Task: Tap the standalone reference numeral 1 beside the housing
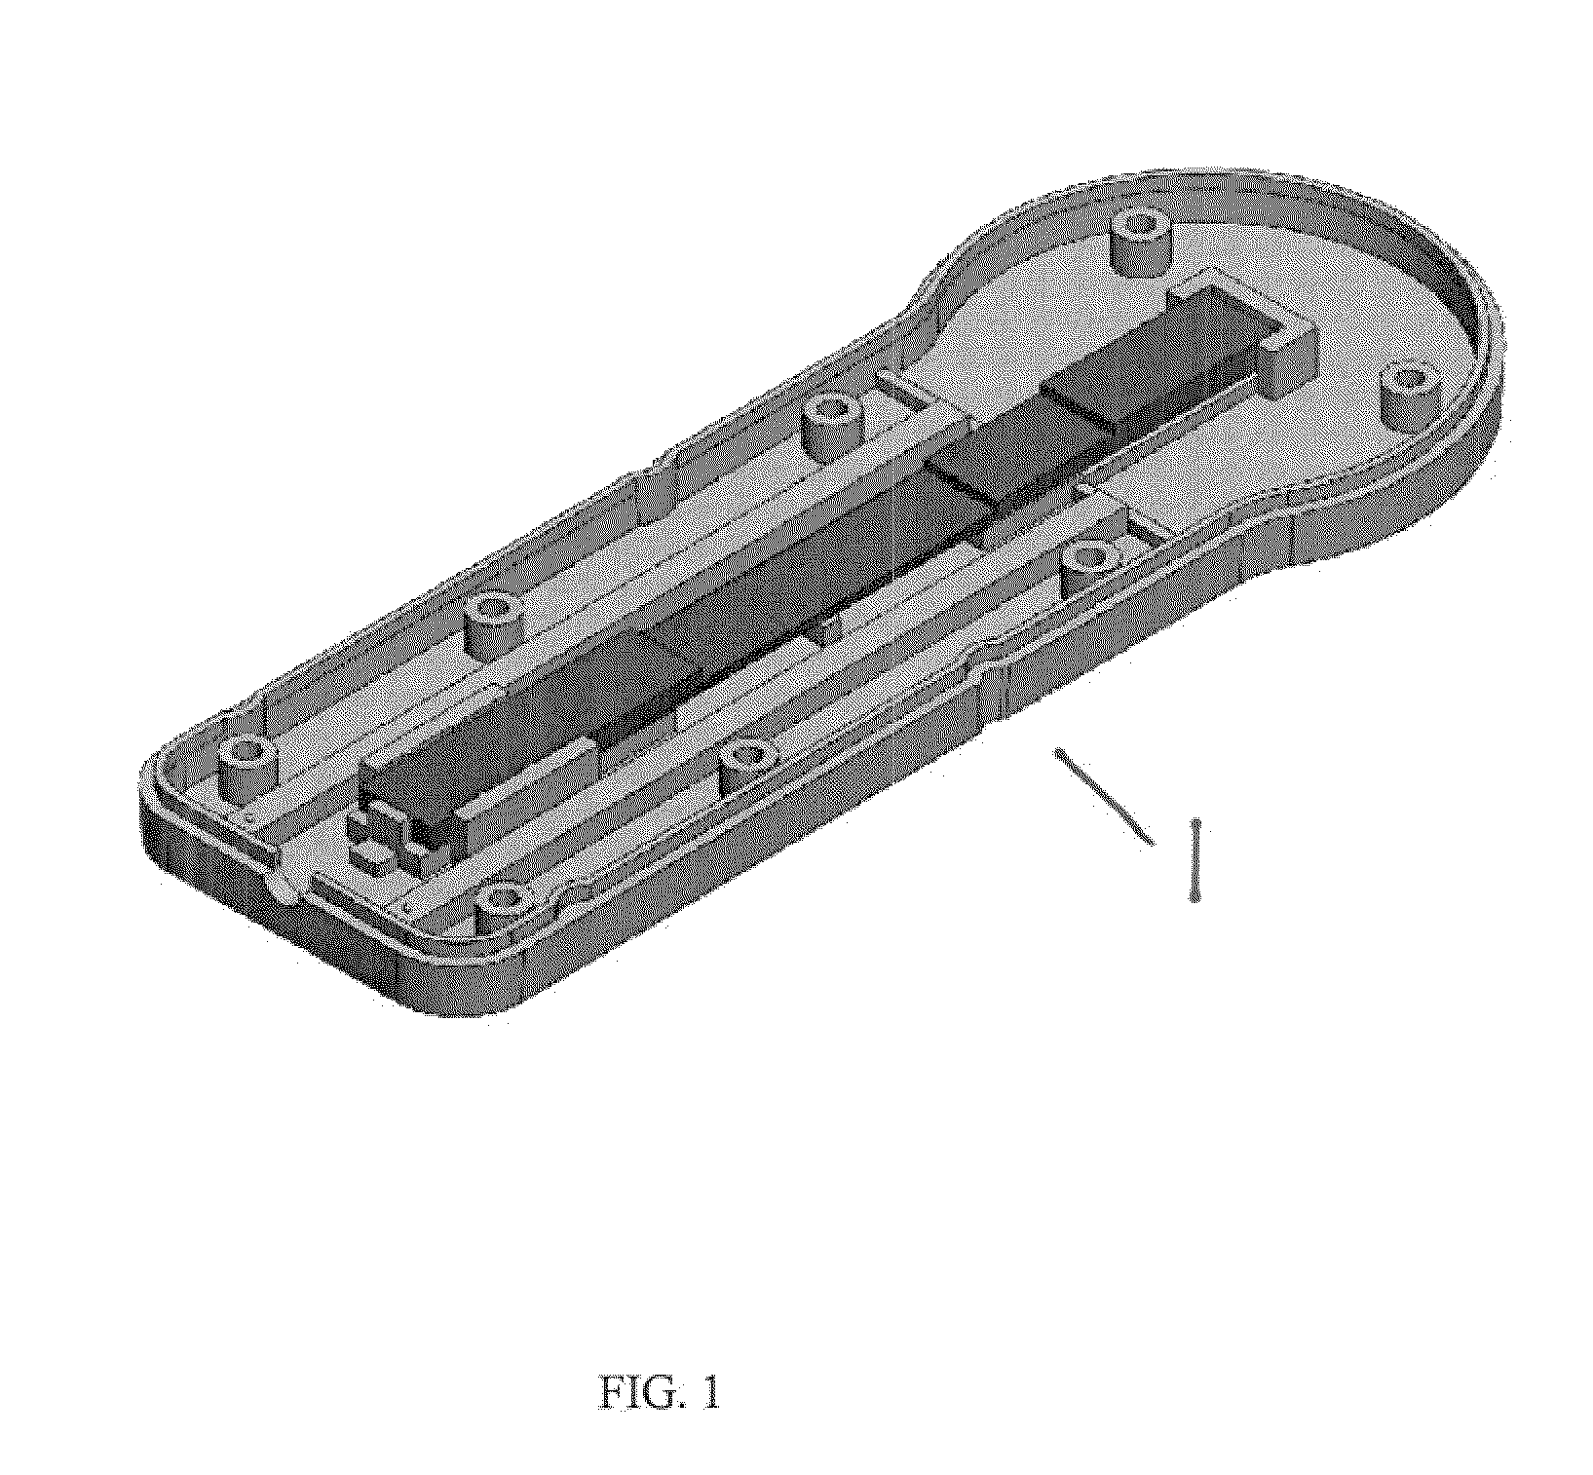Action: point(1195,860)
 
